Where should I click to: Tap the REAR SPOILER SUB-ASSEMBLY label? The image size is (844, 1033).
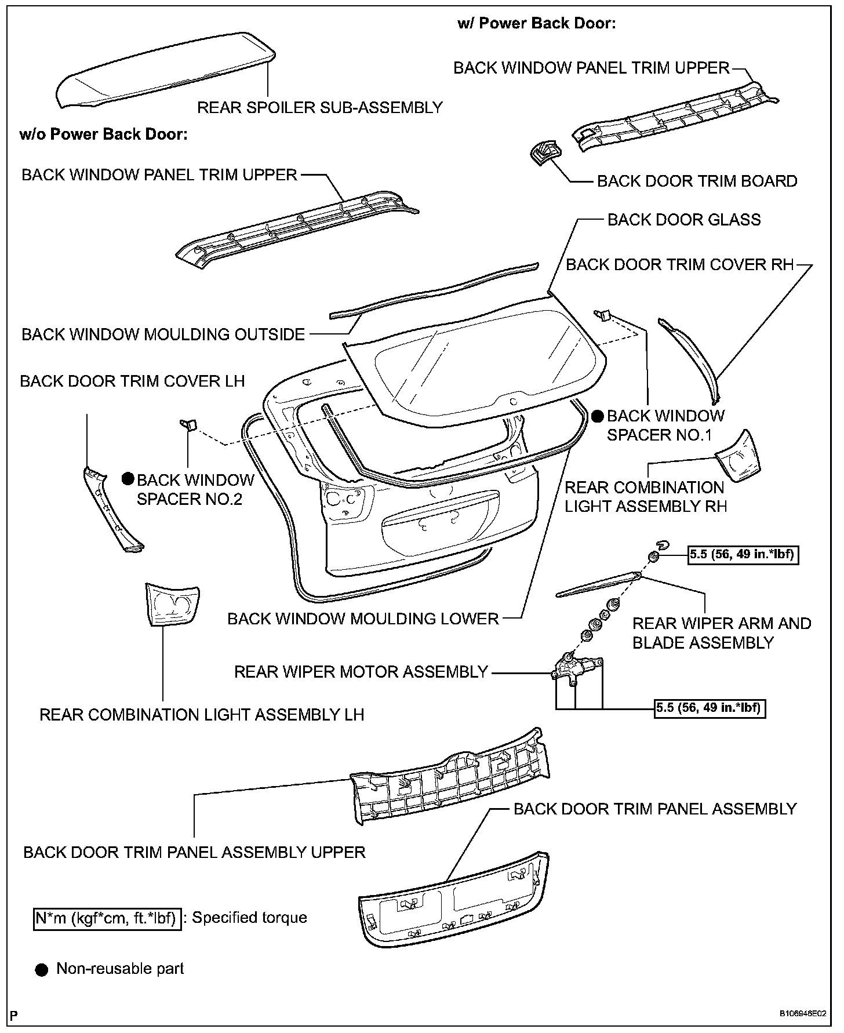tap(319, 108)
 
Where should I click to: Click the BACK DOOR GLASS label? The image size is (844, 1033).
tap(684, 220)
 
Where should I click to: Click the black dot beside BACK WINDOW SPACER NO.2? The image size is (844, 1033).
tap(128, 479)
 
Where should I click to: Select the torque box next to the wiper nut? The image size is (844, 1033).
tap(741, 555)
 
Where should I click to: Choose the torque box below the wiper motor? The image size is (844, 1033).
tap(710, 708)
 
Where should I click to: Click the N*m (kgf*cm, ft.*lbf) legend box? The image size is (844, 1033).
tap(107, 918)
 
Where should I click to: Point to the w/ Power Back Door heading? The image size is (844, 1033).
tap(536, 24)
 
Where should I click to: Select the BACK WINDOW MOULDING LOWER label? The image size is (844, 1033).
tap(363, 619)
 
